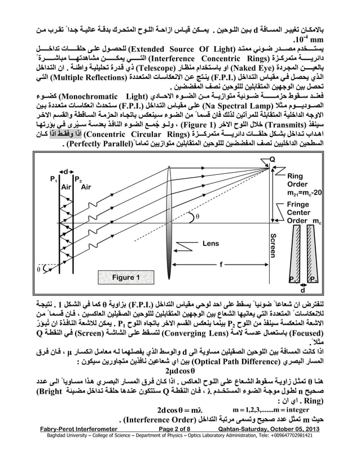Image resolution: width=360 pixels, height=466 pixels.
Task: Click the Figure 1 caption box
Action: pyautogui.click(x=126, y=278)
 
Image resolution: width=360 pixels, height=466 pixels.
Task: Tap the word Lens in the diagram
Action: pyautogui.click(x=213, y=244)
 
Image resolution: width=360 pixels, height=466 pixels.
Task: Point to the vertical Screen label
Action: pyautogui.click(x=273, y=249)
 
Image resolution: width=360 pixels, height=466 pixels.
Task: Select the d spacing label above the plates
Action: pyautogui.click(x=65, y=170)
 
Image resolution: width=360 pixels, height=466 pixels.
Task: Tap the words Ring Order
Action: pyautogui.click(x=298, y=179)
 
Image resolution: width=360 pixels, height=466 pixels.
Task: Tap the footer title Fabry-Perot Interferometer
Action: pyautogui.click(x=75, y=446)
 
